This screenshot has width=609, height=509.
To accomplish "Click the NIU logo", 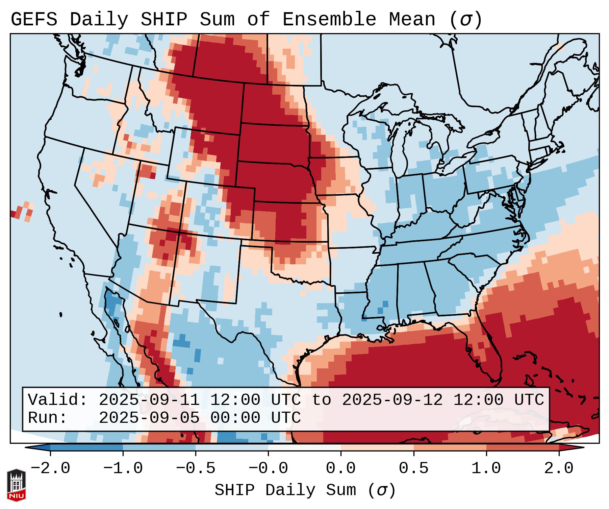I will tap(16, 485).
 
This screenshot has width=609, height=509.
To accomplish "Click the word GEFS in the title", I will tap(34, 20).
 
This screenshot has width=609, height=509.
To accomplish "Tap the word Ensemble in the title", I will tap(329, 20).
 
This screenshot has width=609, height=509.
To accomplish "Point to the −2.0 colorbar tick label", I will tap(50, 468).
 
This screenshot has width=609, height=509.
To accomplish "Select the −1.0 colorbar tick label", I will tap(123, 468).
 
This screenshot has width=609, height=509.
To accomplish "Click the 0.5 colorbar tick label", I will tap(413, 468).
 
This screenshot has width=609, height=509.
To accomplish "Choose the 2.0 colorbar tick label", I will tap(559, 468).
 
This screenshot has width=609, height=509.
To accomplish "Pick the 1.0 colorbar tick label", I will tap(486, 468).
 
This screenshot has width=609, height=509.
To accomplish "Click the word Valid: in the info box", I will tap(58, 400).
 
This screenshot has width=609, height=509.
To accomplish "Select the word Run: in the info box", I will tap(48, 418).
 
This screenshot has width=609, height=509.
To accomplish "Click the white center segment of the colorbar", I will tap(304, 447).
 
